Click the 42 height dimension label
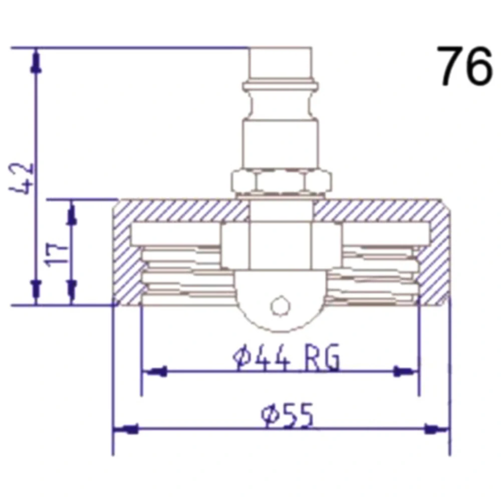pos(21,178)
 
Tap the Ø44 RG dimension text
pos(286,357)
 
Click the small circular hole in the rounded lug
pos(280,307)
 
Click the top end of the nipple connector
pos(280,48)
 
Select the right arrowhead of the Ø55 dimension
pos(436,429)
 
